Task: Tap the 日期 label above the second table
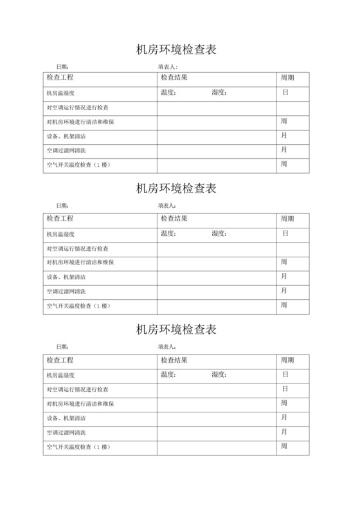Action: [61, 207]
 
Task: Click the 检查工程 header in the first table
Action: [60, 78]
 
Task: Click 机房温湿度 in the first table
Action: [61, 93]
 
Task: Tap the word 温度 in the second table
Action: [168, 234]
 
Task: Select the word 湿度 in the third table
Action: [219, 375]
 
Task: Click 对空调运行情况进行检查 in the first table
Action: [78, 107]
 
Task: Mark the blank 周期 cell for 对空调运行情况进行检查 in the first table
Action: [292, 107]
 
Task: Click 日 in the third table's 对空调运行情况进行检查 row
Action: [285, 389]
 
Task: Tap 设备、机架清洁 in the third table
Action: [66, 418]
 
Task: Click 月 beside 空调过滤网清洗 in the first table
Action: [284, 150]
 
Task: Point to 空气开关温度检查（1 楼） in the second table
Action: [80, 305]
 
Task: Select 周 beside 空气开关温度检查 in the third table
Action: [284, 446]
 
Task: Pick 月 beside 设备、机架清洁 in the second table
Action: [284, 277]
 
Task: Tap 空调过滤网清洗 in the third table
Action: [66, 432]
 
